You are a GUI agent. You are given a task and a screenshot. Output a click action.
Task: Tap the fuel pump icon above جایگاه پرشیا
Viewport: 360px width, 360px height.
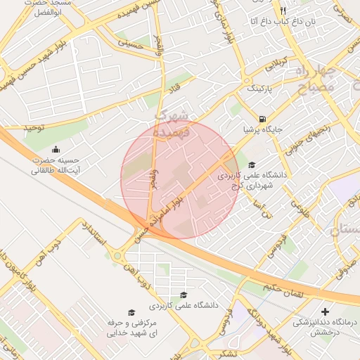click(x=262, y=119)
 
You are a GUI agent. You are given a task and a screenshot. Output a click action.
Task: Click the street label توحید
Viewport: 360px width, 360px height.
click(x=35, y=127)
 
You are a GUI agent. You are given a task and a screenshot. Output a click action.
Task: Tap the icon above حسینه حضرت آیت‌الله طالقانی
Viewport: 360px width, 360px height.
click(x=57, y=149)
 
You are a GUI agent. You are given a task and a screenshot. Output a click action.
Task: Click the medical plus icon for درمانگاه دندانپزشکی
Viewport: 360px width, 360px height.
click(x=325, y=311)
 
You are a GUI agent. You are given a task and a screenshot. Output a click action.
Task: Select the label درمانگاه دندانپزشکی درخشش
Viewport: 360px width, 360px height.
click(x=326, y=326)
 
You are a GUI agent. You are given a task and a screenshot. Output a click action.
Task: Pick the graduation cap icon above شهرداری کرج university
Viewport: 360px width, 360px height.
click(x=252, y=165)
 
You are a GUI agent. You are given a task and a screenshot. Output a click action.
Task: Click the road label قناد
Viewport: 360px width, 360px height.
click(x=172, y=89)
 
